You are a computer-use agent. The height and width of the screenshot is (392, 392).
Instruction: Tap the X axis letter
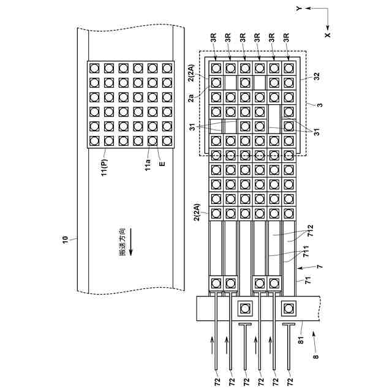328,36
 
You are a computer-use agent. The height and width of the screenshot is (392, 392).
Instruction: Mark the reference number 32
317,77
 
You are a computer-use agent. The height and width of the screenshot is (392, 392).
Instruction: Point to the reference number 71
310,282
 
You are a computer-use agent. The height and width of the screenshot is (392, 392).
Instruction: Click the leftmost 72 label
216,381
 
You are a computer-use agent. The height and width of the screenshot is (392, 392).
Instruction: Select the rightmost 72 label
289,381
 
